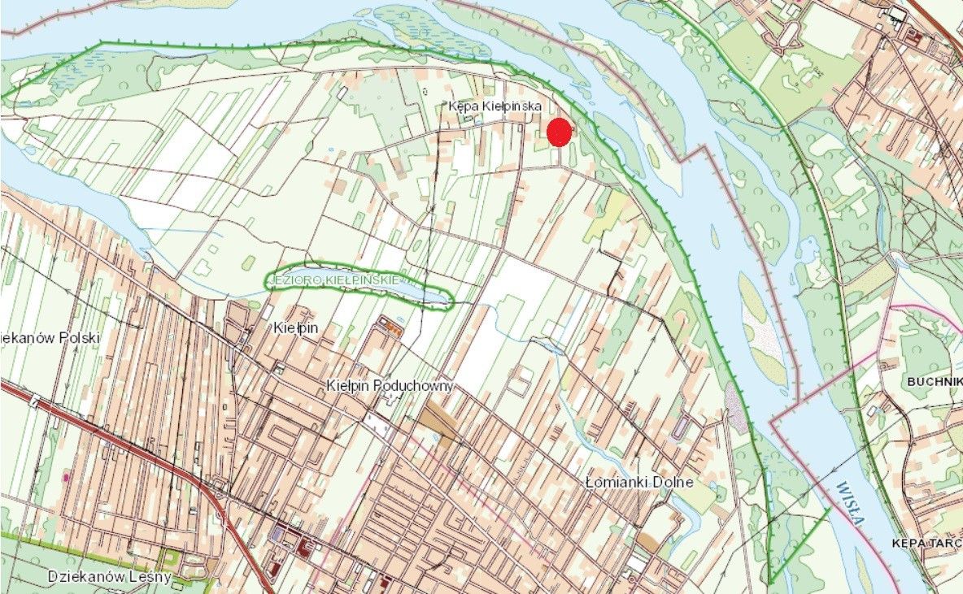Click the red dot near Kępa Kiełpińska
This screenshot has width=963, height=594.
pos(559,132)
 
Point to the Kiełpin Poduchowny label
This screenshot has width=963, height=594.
pos(390,385)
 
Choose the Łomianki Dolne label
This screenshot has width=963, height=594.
pos(639,482)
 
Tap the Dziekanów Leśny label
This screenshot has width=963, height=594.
pos(109,577)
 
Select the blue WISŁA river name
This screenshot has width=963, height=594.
pos(848,504)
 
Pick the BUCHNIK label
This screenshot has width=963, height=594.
pos(935,379)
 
